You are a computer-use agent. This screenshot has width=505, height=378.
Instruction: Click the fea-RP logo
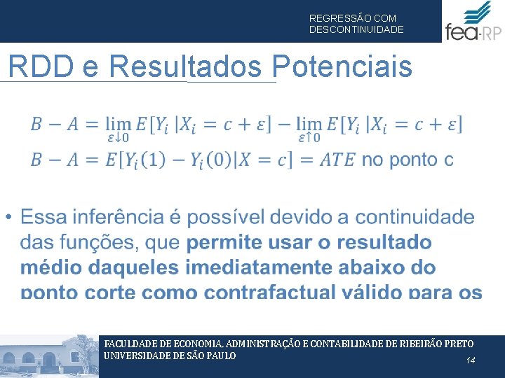(473, 22)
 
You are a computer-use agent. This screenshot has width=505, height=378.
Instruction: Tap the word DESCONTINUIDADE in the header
(356, 30)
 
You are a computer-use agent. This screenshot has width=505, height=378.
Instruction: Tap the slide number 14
(471, 360)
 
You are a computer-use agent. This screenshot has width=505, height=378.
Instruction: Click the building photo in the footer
(49, 357)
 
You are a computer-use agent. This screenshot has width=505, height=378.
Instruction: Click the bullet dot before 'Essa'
(8, 218)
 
